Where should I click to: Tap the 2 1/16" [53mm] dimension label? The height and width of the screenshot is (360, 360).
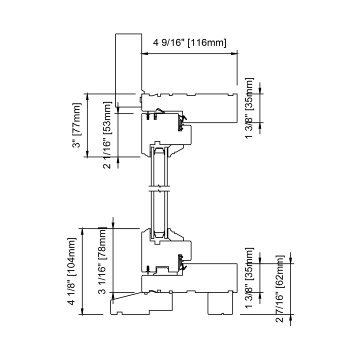106,135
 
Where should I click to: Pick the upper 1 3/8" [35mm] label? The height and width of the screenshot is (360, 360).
250,108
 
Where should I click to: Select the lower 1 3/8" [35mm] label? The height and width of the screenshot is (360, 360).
250,278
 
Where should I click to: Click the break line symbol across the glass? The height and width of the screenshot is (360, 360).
159,189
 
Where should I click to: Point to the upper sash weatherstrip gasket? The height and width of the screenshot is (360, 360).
181,121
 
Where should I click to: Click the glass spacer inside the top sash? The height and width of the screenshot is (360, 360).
159,152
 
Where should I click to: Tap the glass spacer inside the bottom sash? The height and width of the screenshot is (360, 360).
159,233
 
